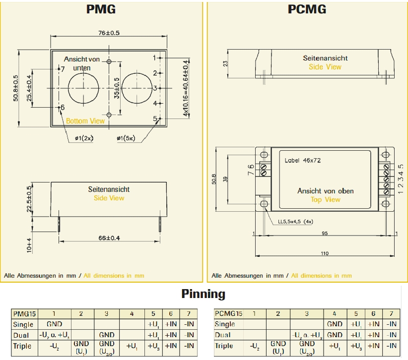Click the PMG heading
102,9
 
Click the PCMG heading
307,9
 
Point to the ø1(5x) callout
126,138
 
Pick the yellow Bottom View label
85,121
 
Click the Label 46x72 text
303,161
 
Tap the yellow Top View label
326,199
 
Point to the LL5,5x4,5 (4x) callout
296,221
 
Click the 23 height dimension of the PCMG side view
225,63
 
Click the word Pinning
203,294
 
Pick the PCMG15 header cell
228,314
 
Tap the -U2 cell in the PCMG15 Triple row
254,346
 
